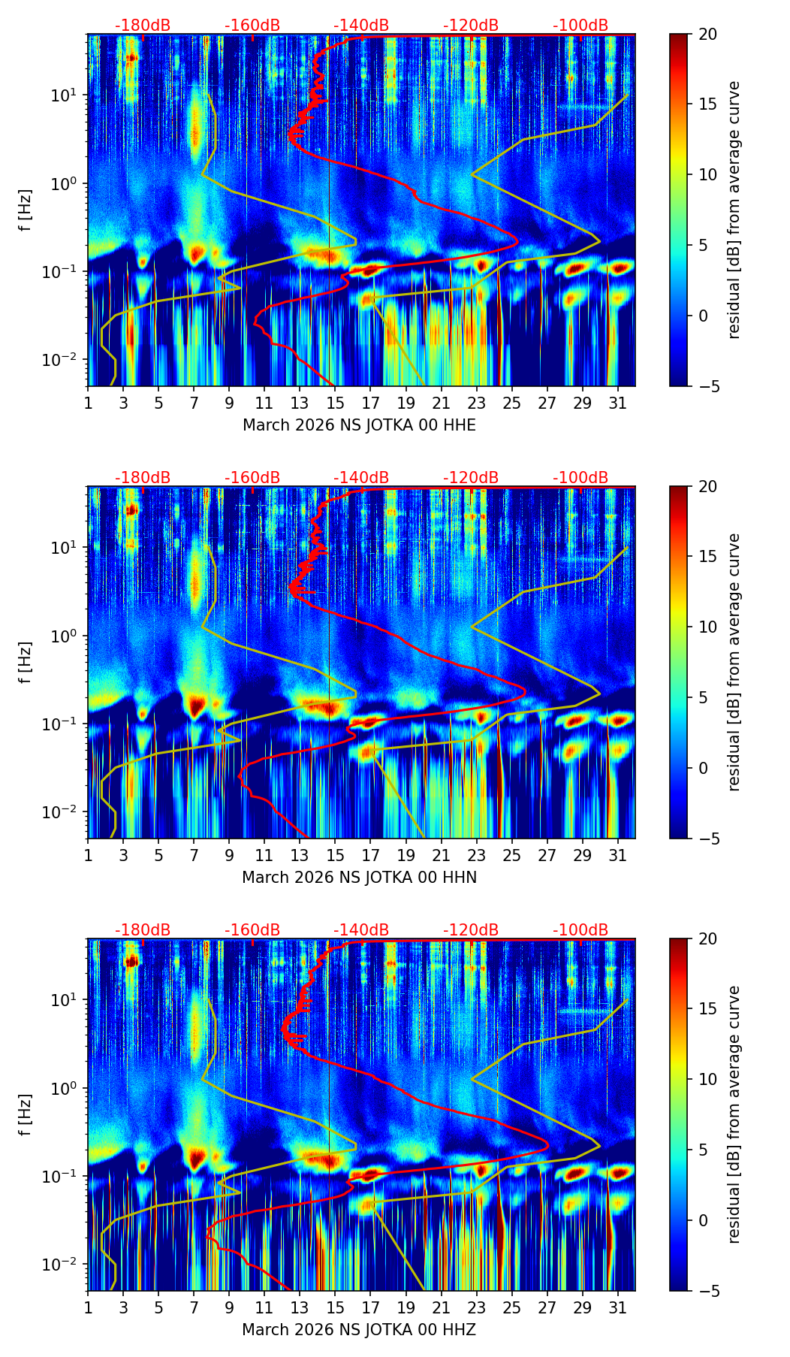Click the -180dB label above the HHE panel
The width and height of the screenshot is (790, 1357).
[143, 26]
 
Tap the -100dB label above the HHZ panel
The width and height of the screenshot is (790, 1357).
[580, 930]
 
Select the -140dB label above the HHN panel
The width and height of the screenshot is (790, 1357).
[361, 478]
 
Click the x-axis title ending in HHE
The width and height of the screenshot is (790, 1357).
[359, 425]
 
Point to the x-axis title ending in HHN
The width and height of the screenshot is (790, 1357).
[359, 878]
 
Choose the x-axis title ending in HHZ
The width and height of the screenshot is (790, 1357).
[359, 1330]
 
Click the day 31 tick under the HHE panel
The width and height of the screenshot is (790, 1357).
[617, 403]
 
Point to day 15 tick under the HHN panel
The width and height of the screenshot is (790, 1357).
[335, 856]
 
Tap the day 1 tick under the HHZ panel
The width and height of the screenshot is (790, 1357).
[88, 1308]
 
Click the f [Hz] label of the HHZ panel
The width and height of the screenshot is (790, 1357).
[26, 1114]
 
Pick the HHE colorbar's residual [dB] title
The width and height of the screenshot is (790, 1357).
[734, 210]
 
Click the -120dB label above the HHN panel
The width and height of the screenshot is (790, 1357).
[471, 478]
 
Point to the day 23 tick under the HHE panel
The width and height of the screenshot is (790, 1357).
[476, 403]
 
